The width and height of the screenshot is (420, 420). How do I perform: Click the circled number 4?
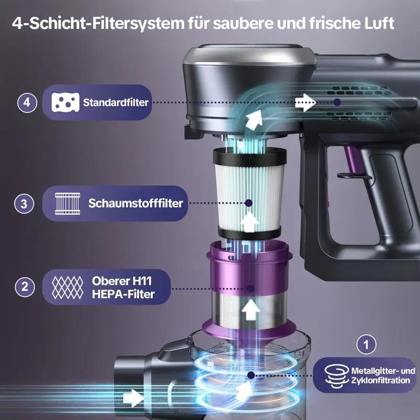(x=27, y=102)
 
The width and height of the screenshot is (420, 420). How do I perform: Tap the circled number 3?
(x=24, y=204)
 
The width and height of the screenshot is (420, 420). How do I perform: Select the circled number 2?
(x=24, y=287)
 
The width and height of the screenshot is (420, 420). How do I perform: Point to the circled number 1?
(x=366, y=345)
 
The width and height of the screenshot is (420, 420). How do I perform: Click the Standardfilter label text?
(x=115, y=102)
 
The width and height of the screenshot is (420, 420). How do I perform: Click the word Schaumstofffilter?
(x=135, y=203)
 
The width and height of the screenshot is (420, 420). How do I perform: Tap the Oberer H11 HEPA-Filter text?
(x=123, y=287)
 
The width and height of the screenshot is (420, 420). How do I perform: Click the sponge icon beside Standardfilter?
(x=65, y=102)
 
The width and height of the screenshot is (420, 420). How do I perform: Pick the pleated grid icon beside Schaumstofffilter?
(x=68, y=203)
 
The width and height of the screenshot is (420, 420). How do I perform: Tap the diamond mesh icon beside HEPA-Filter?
(x=68, y=287)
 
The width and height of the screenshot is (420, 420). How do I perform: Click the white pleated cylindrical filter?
(x=249, y=192)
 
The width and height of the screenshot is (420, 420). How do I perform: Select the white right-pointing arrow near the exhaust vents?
(x=304, y=103)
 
